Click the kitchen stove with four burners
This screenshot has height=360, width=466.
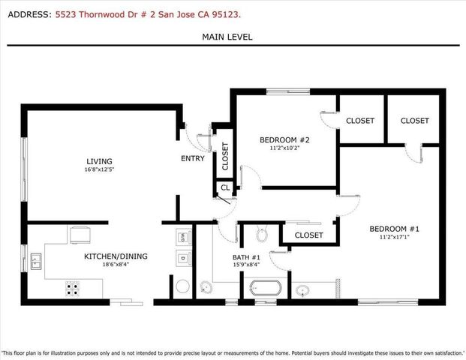pos(73,287)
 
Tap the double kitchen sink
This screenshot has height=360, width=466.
pos(36,262)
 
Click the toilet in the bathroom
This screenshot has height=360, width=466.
pos(261,235)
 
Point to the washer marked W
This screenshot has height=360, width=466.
pos(182,237)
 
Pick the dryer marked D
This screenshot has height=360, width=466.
pos(182,259)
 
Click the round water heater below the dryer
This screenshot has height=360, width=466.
pos(182,286)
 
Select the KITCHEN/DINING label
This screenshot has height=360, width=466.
pos(116,256)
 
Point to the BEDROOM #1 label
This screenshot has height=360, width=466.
pos(394,229)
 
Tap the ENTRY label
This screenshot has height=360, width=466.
pos(193,159)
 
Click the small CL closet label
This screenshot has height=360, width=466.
pos(225,188)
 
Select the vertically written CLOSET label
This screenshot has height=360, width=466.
pos(225,157)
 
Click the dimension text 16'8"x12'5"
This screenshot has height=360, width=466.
pos(99,169)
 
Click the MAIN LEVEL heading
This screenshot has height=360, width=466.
pos(227,37)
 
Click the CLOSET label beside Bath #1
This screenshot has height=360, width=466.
pos(308,235)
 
